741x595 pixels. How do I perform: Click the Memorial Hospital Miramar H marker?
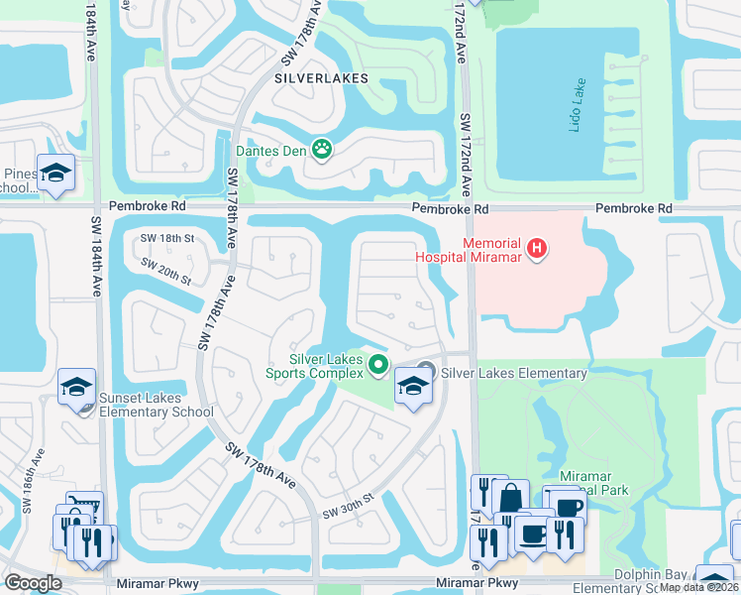pos(536,247)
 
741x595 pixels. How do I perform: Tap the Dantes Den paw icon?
pos(322,150)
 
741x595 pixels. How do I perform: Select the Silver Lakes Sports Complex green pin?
pos(377,366)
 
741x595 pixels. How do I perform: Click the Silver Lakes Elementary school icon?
pos(413,386)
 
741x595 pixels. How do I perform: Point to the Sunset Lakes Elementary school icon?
pos(76,387)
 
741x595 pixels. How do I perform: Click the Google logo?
pos(33,583)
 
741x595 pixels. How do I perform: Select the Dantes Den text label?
pos(270,151)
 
